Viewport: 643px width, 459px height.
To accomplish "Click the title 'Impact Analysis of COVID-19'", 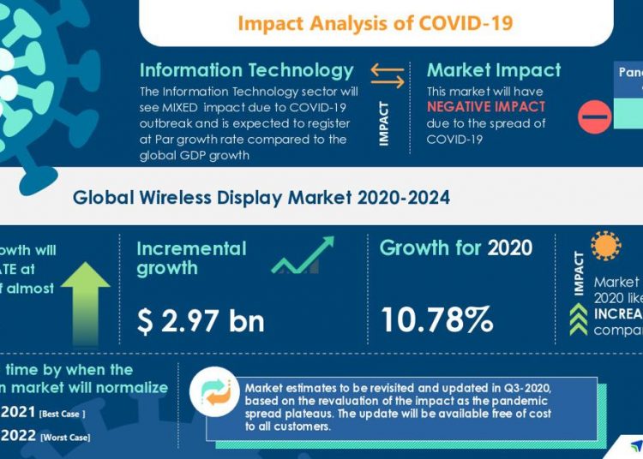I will tap(376, 22).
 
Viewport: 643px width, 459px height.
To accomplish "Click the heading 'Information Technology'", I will tap(247, 70).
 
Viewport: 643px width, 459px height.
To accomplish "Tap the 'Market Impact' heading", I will tap(494, 70).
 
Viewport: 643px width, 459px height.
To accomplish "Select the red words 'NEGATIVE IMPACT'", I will tap(486, 107).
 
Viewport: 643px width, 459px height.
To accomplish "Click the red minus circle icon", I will tap(595, 116).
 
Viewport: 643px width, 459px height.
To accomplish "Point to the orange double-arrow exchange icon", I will tap(387, 76).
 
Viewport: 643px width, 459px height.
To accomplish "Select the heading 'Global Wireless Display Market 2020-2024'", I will tap(261, 198).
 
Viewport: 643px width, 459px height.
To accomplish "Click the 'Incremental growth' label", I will tap(191, 259).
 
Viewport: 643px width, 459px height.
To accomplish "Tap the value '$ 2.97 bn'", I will tap(201, 320).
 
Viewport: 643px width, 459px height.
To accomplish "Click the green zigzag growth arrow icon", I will tap(303, 256).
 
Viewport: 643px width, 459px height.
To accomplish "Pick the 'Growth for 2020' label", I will tap(456, 249).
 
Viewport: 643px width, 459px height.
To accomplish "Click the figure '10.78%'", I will tap(437, 319).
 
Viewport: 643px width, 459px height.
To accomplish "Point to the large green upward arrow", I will tap(85, 296).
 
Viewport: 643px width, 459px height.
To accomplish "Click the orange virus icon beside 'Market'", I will tap(606, 246).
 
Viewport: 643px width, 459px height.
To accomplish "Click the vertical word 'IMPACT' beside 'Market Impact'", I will tap(383, 123).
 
